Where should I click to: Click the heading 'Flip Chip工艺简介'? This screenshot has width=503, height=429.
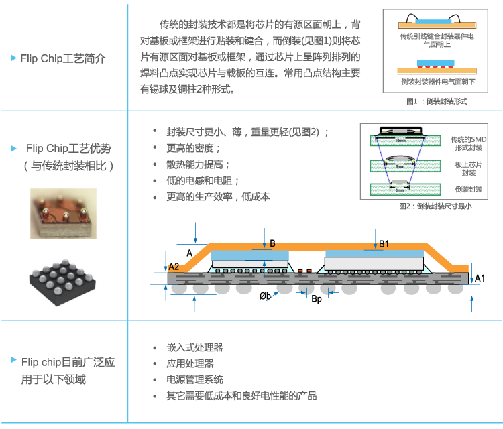(x=63, y=58)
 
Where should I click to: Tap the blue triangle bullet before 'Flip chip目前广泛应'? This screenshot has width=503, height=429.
(x=13, y=361)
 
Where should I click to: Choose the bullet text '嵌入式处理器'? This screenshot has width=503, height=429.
(x=194, y=347)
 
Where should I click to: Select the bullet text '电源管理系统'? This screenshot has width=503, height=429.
(x=194, y=379)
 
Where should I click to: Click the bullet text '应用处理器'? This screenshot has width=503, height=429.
(x=190, y=363)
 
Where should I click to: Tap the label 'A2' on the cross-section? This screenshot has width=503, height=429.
(x=174, y=267)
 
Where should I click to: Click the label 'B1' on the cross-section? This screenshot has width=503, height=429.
(x=384, y=245)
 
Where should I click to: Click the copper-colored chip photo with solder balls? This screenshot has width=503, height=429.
(x=63, y=213)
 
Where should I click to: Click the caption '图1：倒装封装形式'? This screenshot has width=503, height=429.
(x=437, y=101)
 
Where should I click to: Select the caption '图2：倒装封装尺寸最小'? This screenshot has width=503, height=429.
(x=435, y=206)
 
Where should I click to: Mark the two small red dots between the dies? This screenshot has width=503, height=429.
(x=304, y=271)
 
